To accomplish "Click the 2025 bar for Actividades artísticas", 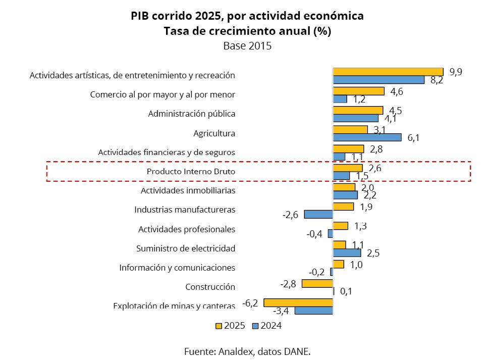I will click(x=388, y=72).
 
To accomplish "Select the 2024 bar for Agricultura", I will click(x=367, y=137).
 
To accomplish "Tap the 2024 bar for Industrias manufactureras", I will click(x=318, y=214).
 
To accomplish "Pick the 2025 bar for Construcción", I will click(x=317, y=283).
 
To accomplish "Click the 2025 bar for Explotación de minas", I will click(x=298, y=302).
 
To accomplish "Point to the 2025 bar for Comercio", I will click(x=358, y=91).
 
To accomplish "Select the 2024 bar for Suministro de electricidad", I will click(x=347, y=252).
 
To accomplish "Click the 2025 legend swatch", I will click(x=219, y=326).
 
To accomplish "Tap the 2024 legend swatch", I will click(x=255, y=326).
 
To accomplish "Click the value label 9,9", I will click(x=455, y=72).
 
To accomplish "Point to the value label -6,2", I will click(x=250, y=303).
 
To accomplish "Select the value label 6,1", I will click(x=413, y=138).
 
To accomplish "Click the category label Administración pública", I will click(x=192, y=114).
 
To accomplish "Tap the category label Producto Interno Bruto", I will click(x=191, y=172).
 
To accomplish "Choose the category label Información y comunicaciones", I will click(x=177, y=268).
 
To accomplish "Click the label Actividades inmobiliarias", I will click(x=188, y=191).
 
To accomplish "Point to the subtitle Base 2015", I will click(x=247, y=45).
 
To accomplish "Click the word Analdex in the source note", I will click(x=236, y=351).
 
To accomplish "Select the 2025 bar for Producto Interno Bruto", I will click(x=347, y=168).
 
